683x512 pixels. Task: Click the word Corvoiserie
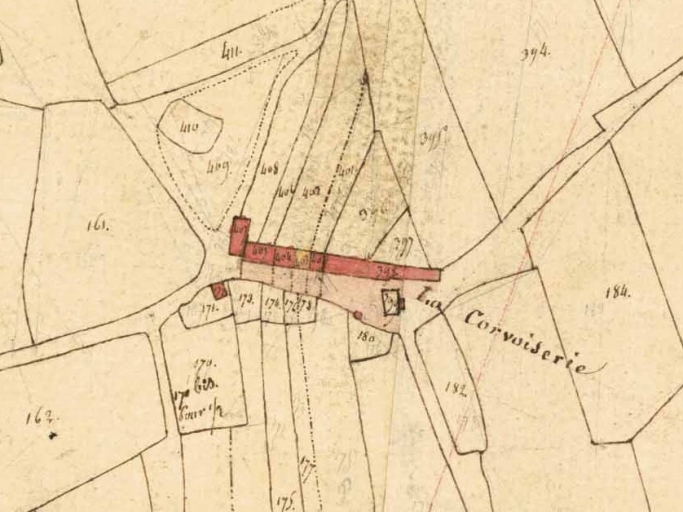(x=524, y=340)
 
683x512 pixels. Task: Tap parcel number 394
(x=535, y=53)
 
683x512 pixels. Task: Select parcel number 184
(x=619, y=291)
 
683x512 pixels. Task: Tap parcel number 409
(x=218, y=166)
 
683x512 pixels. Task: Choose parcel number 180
(x=365, y=338)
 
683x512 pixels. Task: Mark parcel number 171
(x=208, y=311)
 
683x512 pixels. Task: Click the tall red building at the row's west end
(x=239, y=236)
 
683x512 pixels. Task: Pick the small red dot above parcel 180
(x=358, y=316)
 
